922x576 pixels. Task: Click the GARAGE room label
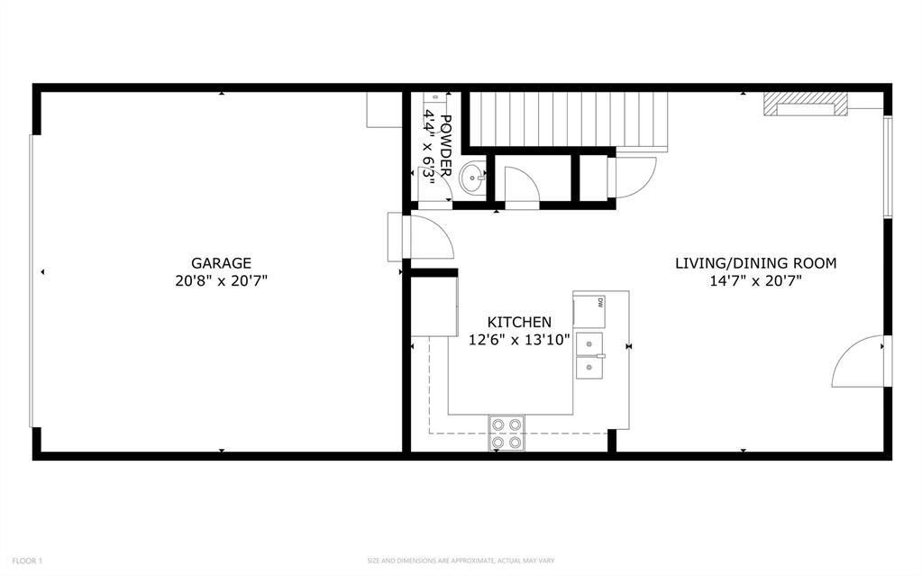(221, 263)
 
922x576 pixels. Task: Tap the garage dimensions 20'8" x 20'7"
(221, 280)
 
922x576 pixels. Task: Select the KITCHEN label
(519, 322)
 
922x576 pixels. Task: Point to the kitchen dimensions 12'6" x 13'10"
(519, 340)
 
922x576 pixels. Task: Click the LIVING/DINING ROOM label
(755, 263)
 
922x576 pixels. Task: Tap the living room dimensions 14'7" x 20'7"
(755, 280)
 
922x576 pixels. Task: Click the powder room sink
(473, 178)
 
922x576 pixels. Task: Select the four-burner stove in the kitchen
(507, 433)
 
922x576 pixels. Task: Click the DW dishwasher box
(588, 310)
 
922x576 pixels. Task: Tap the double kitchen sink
(590, 356)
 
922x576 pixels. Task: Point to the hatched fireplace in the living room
(805, 105)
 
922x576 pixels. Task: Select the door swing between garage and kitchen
(429, 238)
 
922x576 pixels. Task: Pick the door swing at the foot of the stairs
(633, 178)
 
